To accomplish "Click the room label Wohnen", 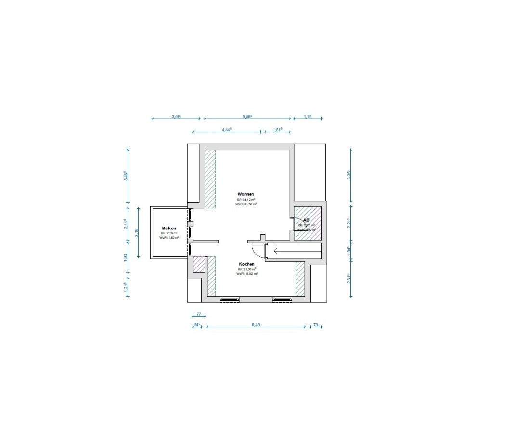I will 246,194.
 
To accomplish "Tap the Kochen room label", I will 247,264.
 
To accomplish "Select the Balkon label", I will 169,228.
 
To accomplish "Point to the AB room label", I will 306,220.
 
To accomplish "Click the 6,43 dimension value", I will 256,325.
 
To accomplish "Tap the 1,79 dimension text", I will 308,117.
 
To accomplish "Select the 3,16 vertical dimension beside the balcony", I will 137,232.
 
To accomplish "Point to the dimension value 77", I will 198,314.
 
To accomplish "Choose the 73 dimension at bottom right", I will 316,325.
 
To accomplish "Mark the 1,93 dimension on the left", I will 126,257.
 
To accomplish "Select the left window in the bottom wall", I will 230,300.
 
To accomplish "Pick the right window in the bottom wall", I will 283,300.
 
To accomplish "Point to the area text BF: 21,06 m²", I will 247,269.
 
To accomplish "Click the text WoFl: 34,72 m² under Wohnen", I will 246,204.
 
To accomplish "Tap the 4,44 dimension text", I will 227,129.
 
